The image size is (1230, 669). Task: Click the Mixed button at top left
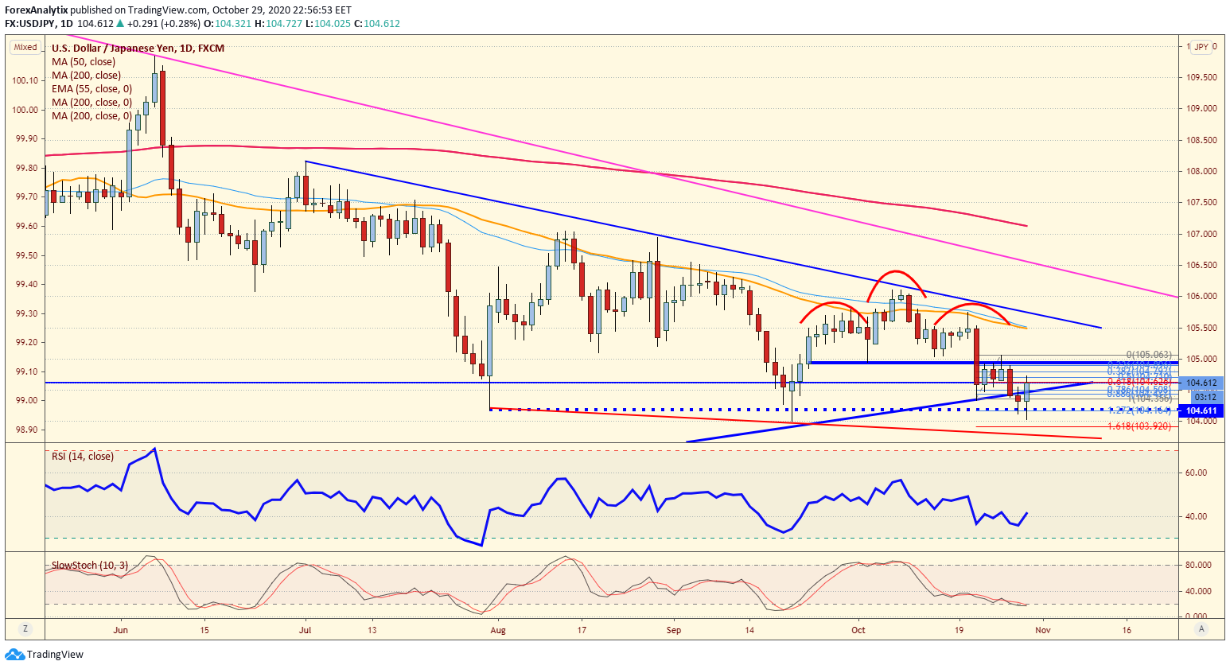point(25,48)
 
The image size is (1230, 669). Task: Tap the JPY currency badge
point(1201,47)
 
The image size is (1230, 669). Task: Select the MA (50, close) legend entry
point(84,62)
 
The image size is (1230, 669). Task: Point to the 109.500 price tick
point(1202,78)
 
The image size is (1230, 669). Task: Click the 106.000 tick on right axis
point(1202,297)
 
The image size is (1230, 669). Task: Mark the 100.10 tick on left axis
point(25,80)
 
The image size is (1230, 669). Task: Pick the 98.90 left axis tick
point(25,430)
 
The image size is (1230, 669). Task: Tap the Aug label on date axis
point(498,630)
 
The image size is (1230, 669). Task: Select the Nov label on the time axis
point(1043,630)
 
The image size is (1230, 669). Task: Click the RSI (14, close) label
point(83,457)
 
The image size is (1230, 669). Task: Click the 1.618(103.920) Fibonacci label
point(1139,426)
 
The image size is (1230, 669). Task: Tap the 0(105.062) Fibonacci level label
point(1149,355)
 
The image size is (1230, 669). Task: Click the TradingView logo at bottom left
point(45,655)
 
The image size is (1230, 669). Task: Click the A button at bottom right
point(1201,628)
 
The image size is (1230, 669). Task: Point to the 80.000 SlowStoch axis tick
point(1198,566)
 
